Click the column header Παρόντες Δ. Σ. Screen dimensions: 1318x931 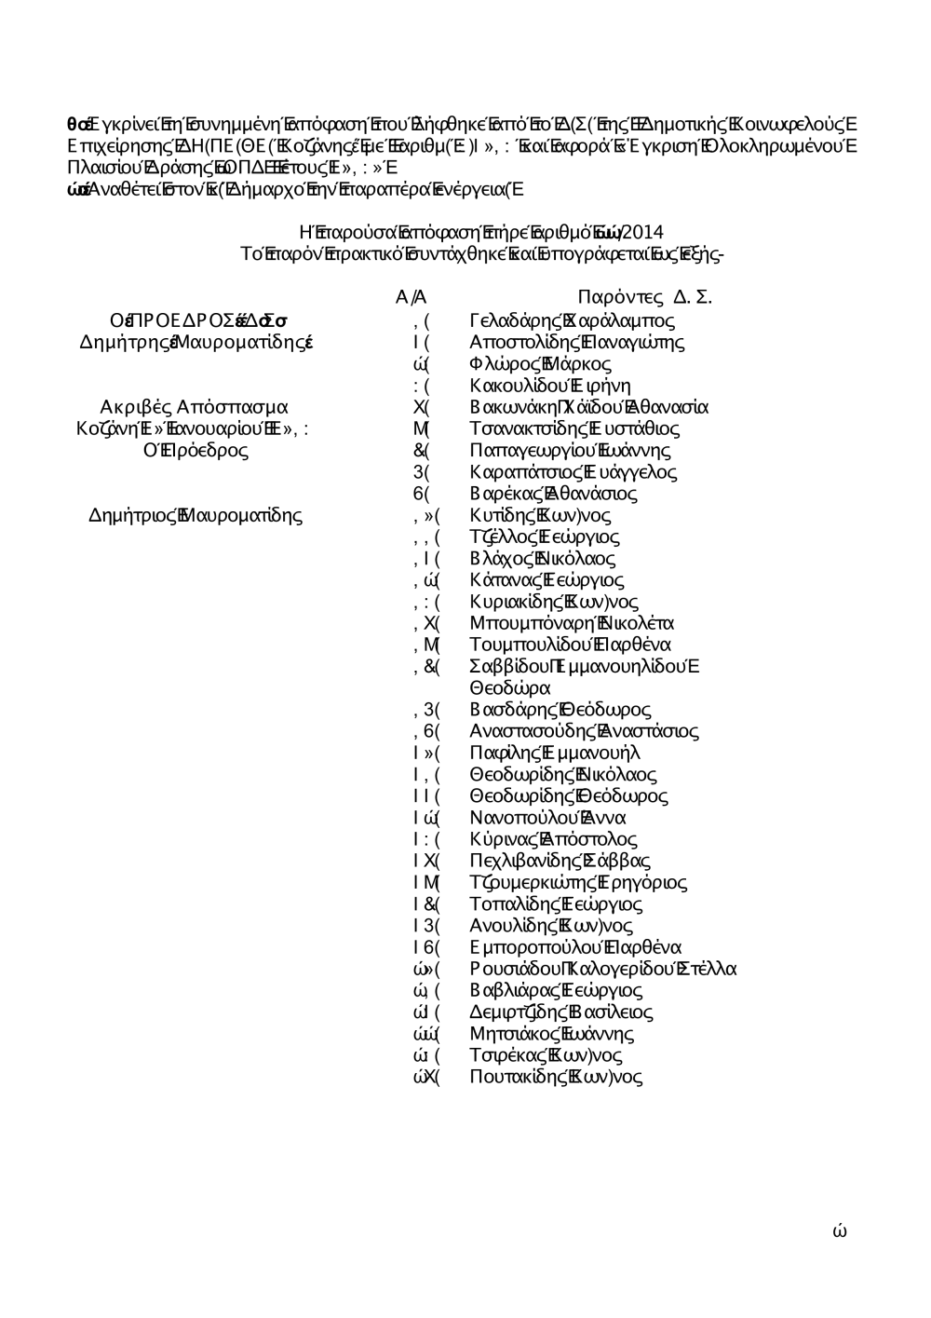[644, 298]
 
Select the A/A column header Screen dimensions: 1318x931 [411, 298]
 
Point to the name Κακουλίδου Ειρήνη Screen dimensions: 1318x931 [550, 386]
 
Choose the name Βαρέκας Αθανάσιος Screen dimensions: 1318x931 [553, 494]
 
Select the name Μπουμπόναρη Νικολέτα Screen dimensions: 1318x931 [572, 623]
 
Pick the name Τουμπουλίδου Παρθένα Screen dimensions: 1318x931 [570, 645]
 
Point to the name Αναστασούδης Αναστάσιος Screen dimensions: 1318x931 [584, 731]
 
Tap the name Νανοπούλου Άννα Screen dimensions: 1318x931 [547, 818]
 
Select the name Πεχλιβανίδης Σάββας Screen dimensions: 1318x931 [560, 861]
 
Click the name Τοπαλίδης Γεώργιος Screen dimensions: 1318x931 [556, 904]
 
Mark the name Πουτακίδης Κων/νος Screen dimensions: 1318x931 [556, 1077]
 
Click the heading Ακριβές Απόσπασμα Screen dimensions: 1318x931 [194, 407]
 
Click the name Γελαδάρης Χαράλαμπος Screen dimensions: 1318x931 [572, 320]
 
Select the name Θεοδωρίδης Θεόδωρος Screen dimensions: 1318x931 [568, 796]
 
